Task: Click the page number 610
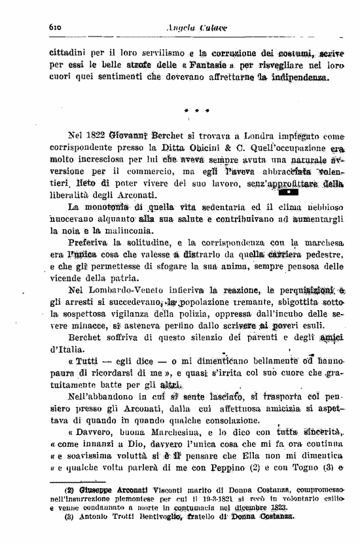54,27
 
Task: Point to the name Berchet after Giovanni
171,136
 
